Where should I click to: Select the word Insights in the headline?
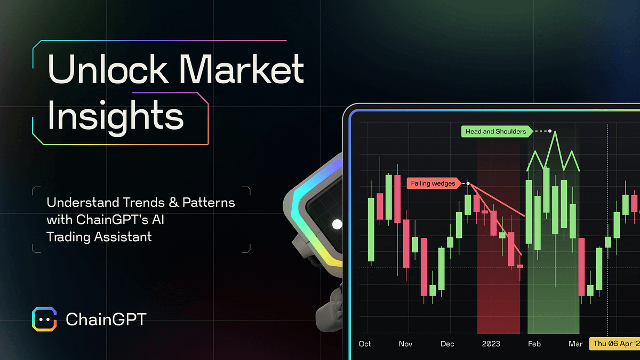[x=116, y=117]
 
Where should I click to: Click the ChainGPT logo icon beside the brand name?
[x=44, y=319]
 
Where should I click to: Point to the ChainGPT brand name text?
[x=106, y=319]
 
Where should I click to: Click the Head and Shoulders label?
[x=495, y=131]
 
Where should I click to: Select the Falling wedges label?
[x=433, y=183]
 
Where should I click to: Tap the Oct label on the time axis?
[x=365, y=344]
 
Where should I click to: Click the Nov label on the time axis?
[x=405, y=344]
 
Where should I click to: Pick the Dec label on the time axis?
[x=447, y=344]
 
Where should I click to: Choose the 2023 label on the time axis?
[x=491, y=344]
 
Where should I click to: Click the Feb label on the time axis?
[x=534, y=344]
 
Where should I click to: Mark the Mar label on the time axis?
[x=575, y=344]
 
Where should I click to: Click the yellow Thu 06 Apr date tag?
[x=614, y=344]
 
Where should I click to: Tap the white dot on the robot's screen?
[x=337, y=224]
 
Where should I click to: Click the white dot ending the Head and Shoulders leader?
[x=550, y=131]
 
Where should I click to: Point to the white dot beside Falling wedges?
[x=468, y=183]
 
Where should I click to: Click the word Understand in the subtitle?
[x=81, y=203]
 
